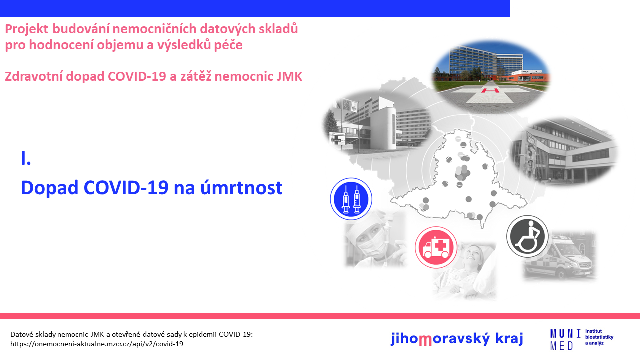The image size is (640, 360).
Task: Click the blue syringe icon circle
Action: [x=351, y=199]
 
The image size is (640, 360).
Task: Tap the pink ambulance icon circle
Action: [x=436, y=247]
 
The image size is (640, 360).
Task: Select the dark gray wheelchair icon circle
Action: [x=527, y=236]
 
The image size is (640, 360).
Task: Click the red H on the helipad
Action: [x=490, y=91]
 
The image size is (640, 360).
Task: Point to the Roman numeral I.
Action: [x=25, y=159]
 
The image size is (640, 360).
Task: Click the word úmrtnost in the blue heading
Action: [x=241, y=187]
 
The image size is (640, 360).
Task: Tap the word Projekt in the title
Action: [x=26, y=29]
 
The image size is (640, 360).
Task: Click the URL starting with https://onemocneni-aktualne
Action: [x=97, y=344]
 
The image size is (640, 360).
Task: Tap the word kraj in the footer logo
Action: [x=509, y=338]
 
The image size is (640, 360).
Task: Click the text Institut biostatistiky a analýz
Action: [x=599, y=337]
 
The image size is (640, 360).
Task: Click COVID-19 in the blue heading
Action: [x=126, y=187]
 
